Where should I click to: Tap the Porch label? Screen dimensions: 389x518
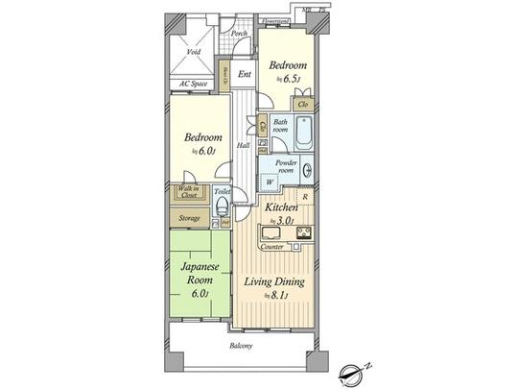click(x=240, y=34)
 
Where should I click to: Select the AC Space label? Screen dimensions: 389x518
click(x=196, y=84)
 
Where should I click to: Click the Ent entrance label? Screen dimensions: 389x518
click(x=245, y=73)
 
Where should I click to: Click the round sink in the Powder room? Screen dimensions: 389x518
click(x=308, y=172)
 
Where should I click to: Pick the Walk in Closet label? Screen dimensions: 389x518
click(x=188, y=192)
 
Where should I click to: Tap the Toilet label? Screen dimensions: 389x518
click(x=222, y=192)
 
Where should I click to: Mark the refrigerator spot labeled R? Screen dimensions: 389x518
click(x=305, y=197)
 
